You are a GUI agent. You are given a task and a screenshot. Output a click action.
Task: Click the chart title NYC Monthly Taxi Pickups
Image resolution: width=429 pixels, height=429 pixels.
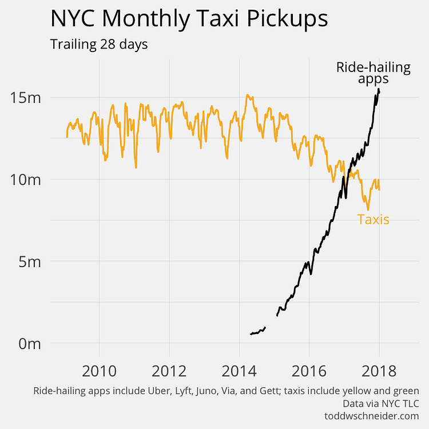pos(189,19)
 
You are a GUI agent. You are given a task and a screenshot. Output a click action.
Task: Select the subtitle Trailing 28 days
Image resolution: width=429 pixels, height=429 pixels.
pos(99,44)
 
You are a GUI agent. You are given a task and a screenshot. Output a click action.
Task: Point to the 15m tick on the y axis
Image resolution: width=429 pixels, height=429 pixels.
pos(26,97)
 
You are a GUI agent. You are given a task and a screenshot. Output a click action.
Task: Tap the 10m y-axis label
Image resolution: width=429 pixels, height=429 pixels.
pos(26,180)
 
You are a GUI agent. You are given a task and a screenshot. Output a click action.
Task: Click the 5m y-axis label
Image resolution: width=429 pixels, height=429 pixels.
pos(30,262)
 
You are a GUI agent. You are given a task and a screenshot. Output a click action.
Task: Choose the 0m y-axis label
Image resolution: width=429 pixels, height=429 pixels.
pos(30,344)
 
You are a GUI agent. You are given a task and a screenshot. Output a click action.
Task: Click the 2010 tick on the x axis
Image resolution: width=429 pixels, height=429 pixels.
pos(100,371)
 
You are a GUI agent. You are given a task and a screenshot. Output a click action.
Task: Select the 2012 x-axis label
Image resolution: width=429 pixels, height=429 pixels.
pos(169,371)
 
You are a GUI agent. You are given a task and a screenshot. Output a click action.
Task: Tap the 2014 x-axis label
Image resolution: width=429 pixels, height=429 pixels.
pos(239,371)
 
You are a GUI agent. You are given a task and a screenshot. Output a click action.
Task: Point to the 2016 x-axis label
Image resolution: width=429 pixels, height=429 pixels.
pos(309,371)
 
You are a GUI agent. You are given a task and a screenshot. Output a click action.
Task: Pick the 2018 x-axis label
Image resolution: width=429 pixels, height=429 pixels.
pos(379,371)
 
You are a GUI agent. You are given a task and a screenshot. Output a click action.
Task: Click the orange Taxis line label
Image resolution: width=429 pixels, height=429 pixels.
pos(373,219)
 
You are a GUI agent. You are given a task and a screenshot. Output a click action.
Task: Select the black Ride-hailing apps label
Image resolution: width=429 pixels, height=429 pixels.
pos(373,73)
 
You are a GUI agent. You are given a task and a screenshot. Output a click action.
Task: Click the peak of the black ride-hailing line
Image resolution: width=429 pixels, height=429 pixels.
pos(378,89)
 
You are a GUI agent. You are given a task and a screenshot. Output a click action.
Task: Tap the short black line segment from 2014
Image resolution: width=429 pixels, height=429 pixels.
pos(258,332)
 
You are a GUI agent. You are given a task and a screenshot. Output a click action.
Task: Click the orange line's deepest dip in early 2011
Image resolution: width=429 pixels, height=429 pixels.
pos(136,167)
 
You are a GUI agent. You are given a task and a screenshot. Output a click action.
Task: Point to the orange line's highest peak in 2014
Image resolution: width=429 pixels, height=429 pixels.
pos(247,95)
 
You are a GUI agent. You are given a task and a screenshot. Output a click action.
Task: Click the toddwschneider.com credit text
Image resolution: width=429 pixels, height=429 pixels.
pos(372,416)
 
